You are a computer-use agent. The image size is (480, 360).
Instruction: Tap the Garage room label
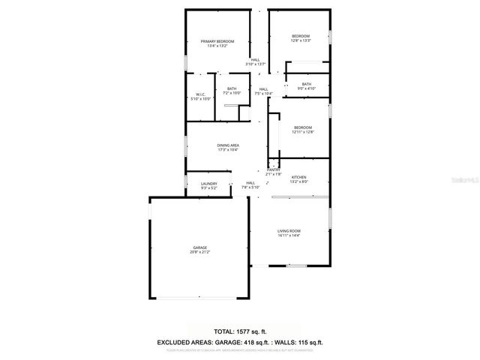tap(199, 247)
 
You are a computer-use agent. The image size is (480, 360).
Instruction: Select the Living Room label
tap(289, 231)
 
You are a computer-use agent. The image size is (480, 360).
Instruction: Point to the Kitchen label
tap(299, 177)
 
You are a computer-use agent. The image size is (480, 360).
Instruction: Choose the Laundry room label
tap(209, 184)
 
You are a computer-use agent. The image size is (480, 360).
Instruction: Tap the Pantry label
tap(273, 170)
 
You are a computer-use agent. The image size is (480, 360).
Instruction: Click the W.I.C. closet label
tap(200, 94)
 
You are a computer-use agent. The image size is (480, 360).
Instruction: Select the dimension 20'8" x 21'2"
tap(199, 253)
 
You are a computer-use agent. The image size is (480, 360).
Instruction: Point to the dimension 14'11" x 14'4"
tap(289, 236)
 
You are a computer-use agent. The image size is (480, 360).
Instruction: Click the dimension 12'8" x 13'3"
tap(300, 41)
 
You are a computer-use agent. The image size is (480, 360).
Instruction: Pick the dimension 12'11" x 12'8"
tap(304, 132)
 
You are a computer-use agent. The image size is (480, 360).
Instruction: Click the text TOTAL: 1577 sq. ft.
tap(239, 331)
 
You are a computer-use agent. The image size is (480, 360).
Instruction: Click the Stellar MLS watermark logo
tap(466, 181)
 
